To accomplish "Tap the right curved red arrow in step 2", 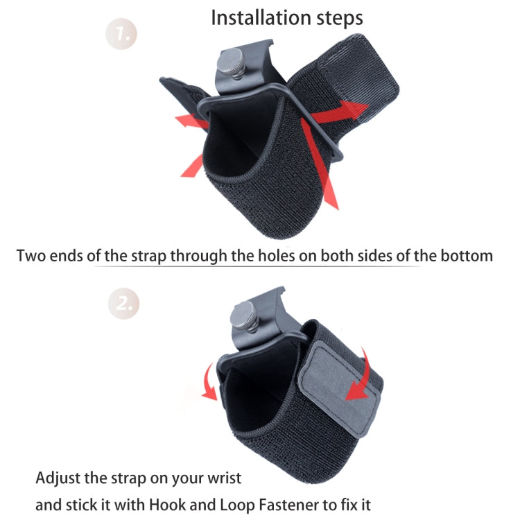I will click(363, 378).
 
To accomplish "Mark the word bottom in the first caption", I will click(466, 255).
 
